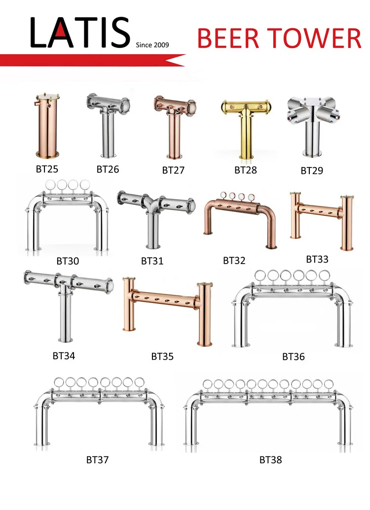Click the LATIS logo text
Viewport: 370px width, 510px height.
coord(80,33)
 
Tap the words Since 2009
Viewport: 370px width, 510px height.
coord(152,45)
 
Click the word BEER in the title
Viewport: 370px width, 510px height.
coord(228,38)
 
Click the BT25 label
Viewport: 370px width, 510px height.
coord(47,169)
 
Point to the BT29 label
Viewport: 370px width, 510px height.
coord(312,170)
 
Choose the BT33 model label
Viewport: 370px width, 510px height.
coord(317,259)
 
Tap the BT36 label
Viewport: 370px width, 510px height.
coord(294,357)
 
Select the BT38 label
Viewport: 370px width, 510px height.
coord(271,460)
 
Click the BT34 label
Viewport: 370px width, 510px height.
coord(64,356)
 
